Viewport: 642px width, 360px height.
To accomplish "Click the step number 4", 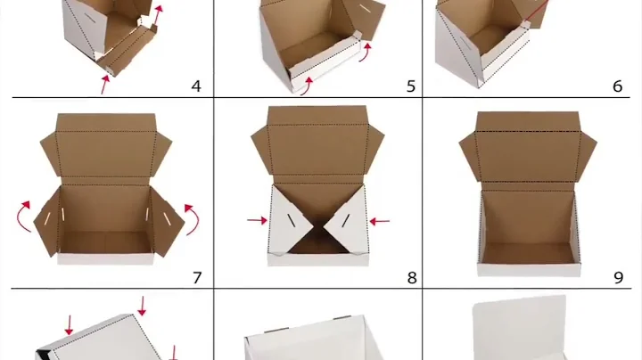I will pos(196,86).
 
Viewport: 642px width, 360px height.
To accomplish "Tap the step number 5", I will pos(411,86).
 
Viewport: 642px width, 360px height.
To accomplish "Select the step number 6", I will pos(618,86).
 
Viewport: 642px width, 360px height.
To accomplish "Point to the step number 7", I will pos(196,277).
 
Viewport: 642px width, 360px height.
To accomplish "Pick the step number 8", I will pos(411,277).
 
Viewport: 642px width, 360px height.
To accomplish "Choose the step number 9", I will pos(618,277).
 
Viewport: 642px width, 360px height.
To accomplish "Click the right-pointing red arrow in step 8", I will pos(256,219).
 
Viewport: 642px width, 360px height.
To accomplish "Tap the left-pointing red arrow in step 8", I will pos(380,220).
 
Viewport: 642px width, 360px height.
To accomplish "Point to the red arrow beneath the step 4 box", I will pos(106,85).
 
